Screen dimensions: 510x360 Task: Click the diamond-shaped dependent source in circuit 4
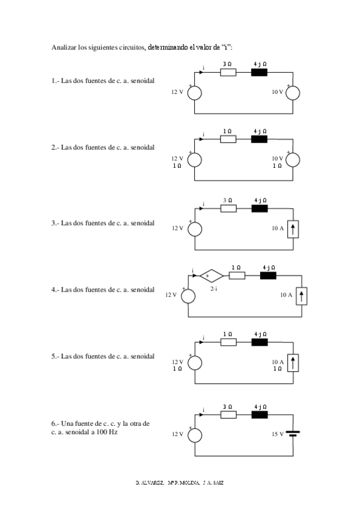click(210, 276)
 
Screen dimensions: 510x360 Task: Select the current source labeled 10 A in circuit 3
click(293, 229)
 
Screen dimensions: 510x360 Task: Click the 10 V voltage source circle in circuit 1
click(293, 93)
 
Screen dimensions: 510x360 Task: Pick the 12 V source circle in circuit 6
click(195, 434)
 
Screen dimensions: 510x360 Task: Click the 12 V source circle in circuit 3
click(195, 229)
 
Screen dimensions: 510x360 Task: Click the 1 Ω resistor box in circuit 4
click(237, 276)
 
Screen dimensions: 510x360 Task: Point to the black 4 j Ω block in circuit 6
click(259, 414)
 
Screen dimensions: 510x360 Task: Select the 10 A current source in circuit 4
click(302, 295)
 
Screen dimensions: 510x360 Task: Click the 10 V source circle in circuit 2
click(293, 160)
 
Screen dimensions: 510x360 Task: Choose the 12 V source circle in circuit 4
click(188, 295)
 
